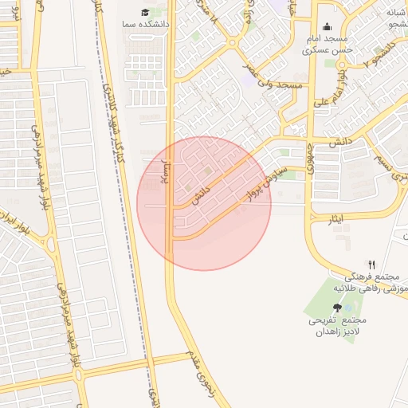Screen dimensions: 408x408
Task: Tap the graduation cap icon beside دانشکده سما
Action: coord(144,12)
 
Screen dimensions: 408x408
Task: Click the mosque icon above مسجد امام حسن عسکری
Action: coord(327,26)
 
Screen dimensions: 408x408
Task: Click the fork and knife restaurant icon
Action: coord(371,265)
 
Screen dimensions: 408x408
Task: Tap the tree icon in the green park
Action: coord(338,307)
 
